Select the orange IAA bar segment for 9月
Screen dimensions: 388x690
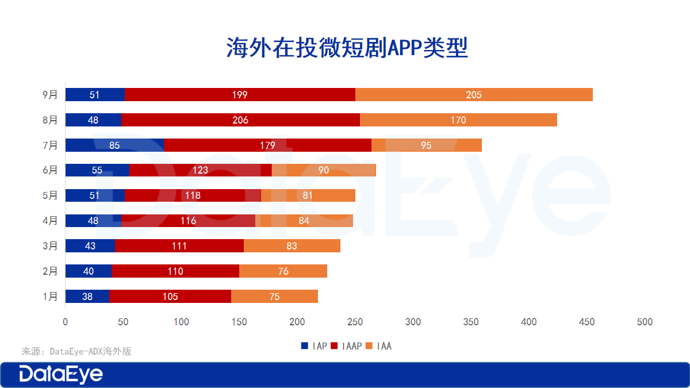[x=474, y=95]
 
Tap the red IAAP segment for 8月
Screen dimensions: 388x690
[x=240, y=120]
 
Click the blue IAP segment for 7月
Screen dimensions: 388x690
[x=114, y=145]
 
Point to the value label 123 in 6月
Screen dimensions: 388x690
[x=200, y=170]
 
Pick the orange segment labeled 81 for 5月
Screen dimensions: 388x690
[x=308, y=195]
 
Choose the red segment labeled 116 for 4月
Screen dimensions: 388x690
[x=188, y=221]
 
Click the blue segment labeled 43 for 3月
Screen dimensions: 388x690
[x=90, y=246]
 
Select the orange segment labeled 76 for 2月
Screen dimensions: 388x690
[x=283, y=271]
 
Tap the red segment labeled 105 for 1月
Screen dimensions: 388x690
[x=170, y=297]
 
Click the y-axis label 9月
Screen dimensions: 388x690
[x=50, y=95]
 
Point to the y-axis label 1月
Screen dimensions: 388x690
[x=50, y=297]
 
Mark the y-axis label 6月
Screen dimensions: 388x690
[x=50, y=170]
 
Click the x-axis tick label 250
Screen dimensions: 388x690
[x=355, y=322]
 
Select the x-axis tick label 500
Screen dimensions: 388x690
[x=645, y=322]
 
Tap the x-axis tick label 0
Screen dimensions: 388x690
[x=65, y=322]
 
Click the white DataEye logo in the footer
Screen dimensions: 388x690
[x=61, y=375]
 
